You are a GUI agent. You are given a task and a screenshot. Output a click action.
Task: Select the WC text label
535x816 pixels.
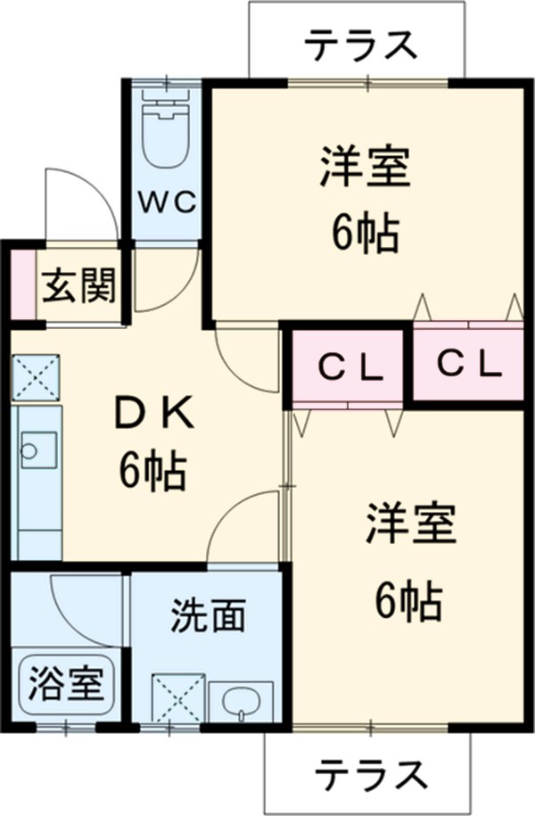click(x=166, y=202)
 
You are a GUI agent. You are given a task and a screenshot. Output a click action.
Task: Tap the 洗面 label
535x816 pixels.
click(x=208, y=617)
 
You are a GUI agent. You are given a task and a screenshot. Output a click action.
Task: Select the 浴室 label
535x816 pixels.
click(x=67, y=685)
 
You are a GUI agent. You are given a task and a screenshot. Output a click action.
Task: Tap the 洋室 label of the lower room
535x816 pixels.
click(x=410, y=525)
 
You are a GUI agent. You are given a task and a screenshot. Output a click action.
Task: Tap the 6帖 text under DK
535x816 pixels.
click(x=152, y=470)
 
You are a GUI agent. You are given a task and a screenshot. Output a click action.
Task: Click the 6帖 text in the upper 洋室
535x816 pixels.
click(x=366, y=233)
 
